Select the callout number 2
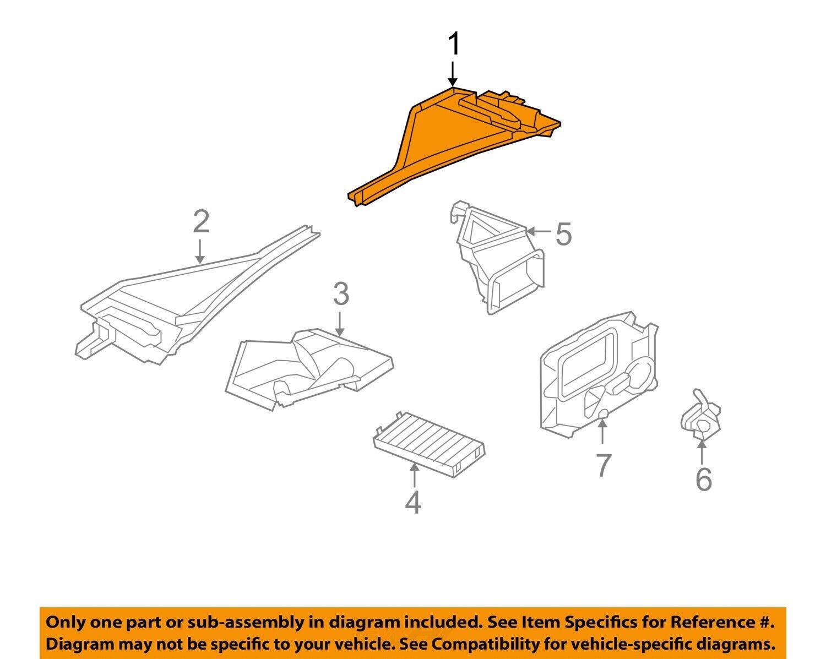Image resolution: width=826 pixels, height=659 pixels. tap(201, 222)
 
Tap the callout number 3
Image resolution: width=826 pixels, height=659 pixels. tap(341, 294)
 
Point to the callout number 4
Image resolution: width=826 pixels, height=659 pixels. tap(413, 502)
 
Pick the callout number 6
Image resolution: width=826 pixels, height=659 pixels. tap(703, 479)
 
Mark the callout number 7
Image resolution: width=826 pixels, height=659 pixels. tap(603, 466)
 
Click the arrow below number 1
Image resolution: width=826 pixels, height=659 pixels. tap(453, 74)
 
